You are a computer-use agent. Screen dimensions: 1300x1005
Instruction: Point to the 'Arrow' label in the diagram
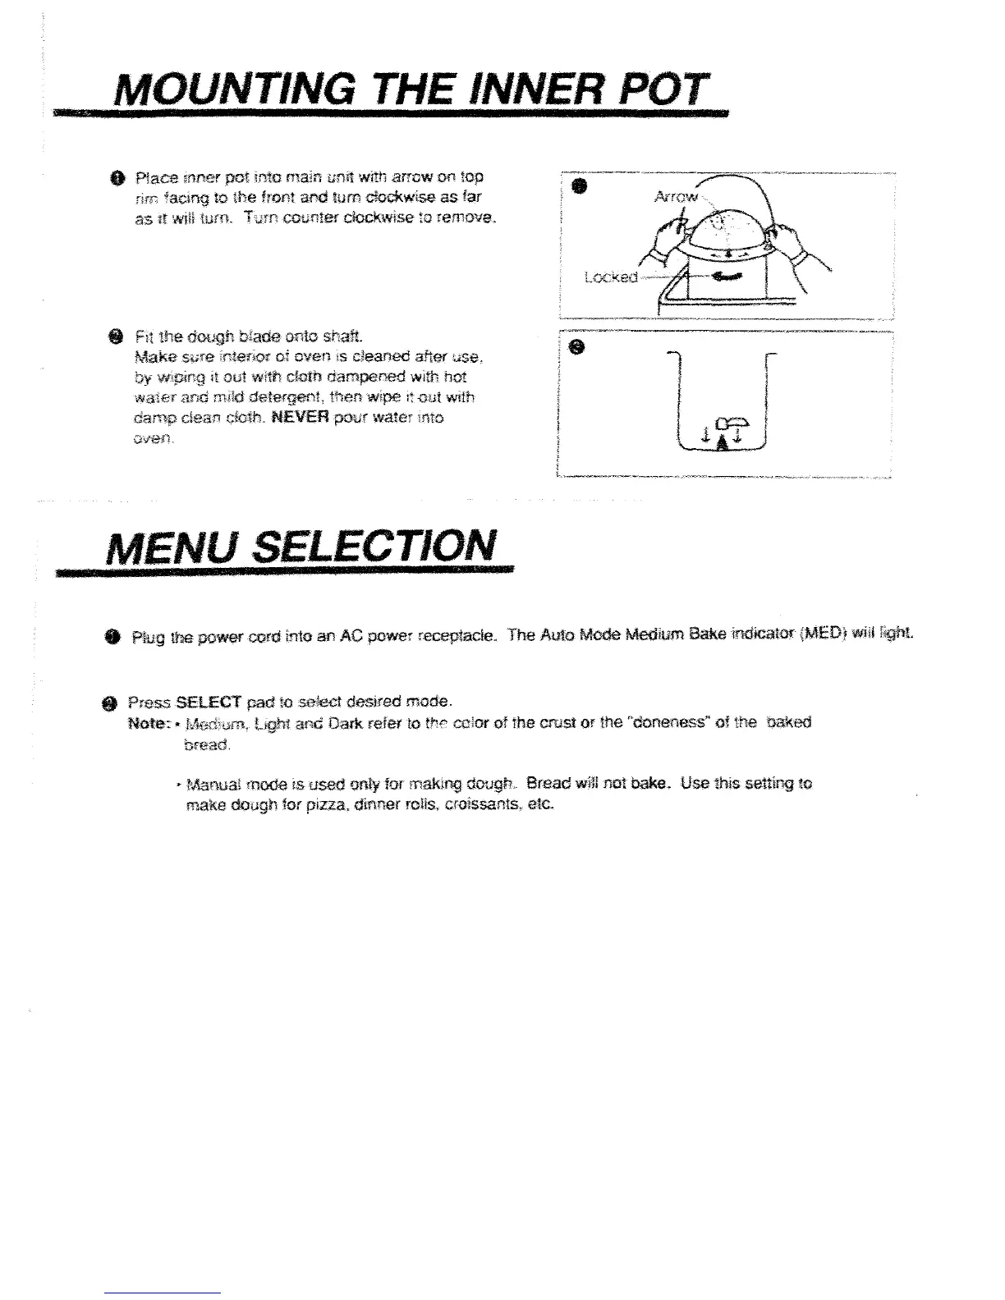pos(675,198)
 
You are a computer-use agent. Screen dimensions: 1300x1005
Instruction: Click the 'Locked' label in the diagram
pos(610,277)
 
